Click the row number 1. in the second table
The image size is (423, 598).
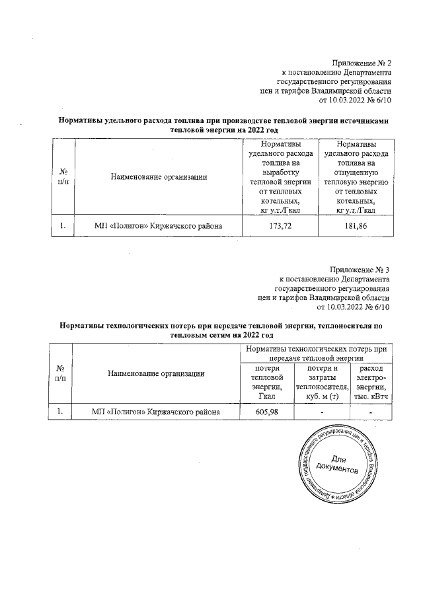(61, 411)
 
